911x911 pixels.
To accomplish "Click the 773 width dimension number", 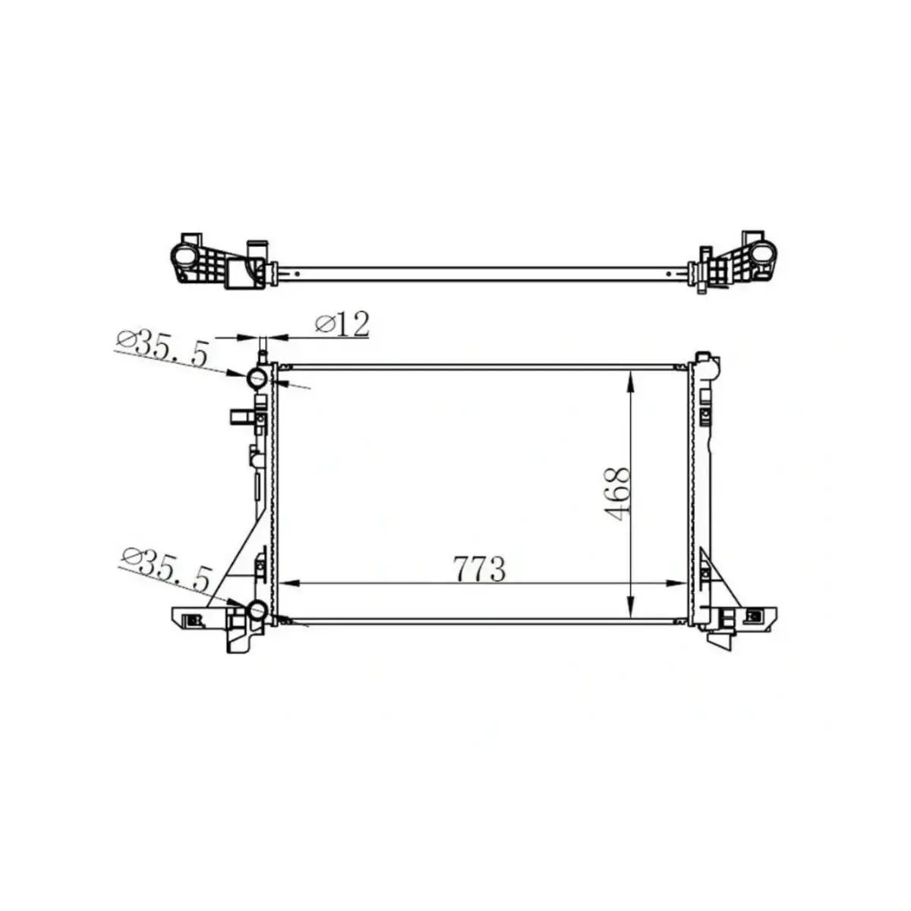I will [480, 569].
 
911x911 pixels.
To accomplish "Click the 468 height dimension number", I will [618, 493].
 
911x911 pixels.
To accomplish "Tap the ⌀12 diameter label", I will [342, 324].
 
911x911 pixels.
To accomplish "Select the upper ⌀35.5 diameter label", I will [162, 348].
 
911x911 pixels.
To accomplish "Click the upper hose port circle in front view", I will [257, 377].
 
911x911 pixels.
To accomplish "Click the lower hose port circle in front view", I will [257, 609].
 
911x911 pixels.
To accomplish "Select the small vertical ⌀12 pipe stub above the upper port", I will [263, 355].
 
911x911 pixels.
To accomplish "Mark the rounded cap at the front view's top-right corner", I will [705, 366].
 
